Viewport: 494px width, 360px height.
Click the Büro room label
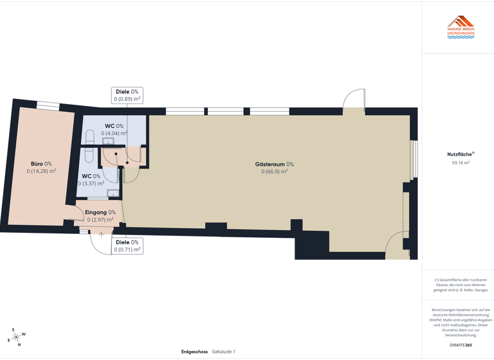click(41, 164)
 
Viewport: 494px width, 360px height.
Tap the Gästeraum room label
click(274, 165)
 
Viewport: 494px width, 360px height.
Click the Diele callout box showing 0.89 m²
click(127, 96)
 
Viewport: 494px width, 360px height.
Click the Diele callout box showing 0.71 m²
click(127, 246)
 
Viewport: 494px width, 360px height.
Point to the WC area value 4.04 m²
click(114, 134)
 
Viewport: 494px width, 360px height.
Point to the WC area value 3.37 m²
click(91, 183)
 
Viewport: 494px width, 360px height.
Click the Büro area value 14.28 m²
click(41, 172)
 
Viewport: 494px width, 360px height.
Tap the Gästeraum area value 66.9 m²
click(274, 172)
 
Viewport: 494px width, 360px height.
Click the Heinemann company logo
click(461, 28)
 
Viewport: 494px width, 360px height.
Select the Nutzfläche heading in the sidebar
click(460, 154)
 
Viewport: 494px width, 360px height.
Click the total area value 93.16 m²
click(461, 163)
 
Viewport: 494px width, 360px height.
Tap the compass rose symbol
click(15, 337)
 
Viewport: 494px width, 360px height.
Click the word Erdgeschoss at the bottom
click(194, 352)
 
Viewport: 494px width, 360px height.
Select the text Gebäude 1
click(224, 352)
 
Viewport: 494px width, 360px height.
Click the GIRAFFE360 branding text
click(461, 345)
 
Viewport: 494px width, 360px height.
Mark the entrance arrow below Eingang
click(101, 235)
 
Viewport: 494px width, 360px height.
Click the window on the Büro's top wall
click(48, 106)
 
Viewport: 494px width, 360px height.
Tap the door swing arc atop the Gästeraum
click(353, 99)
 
